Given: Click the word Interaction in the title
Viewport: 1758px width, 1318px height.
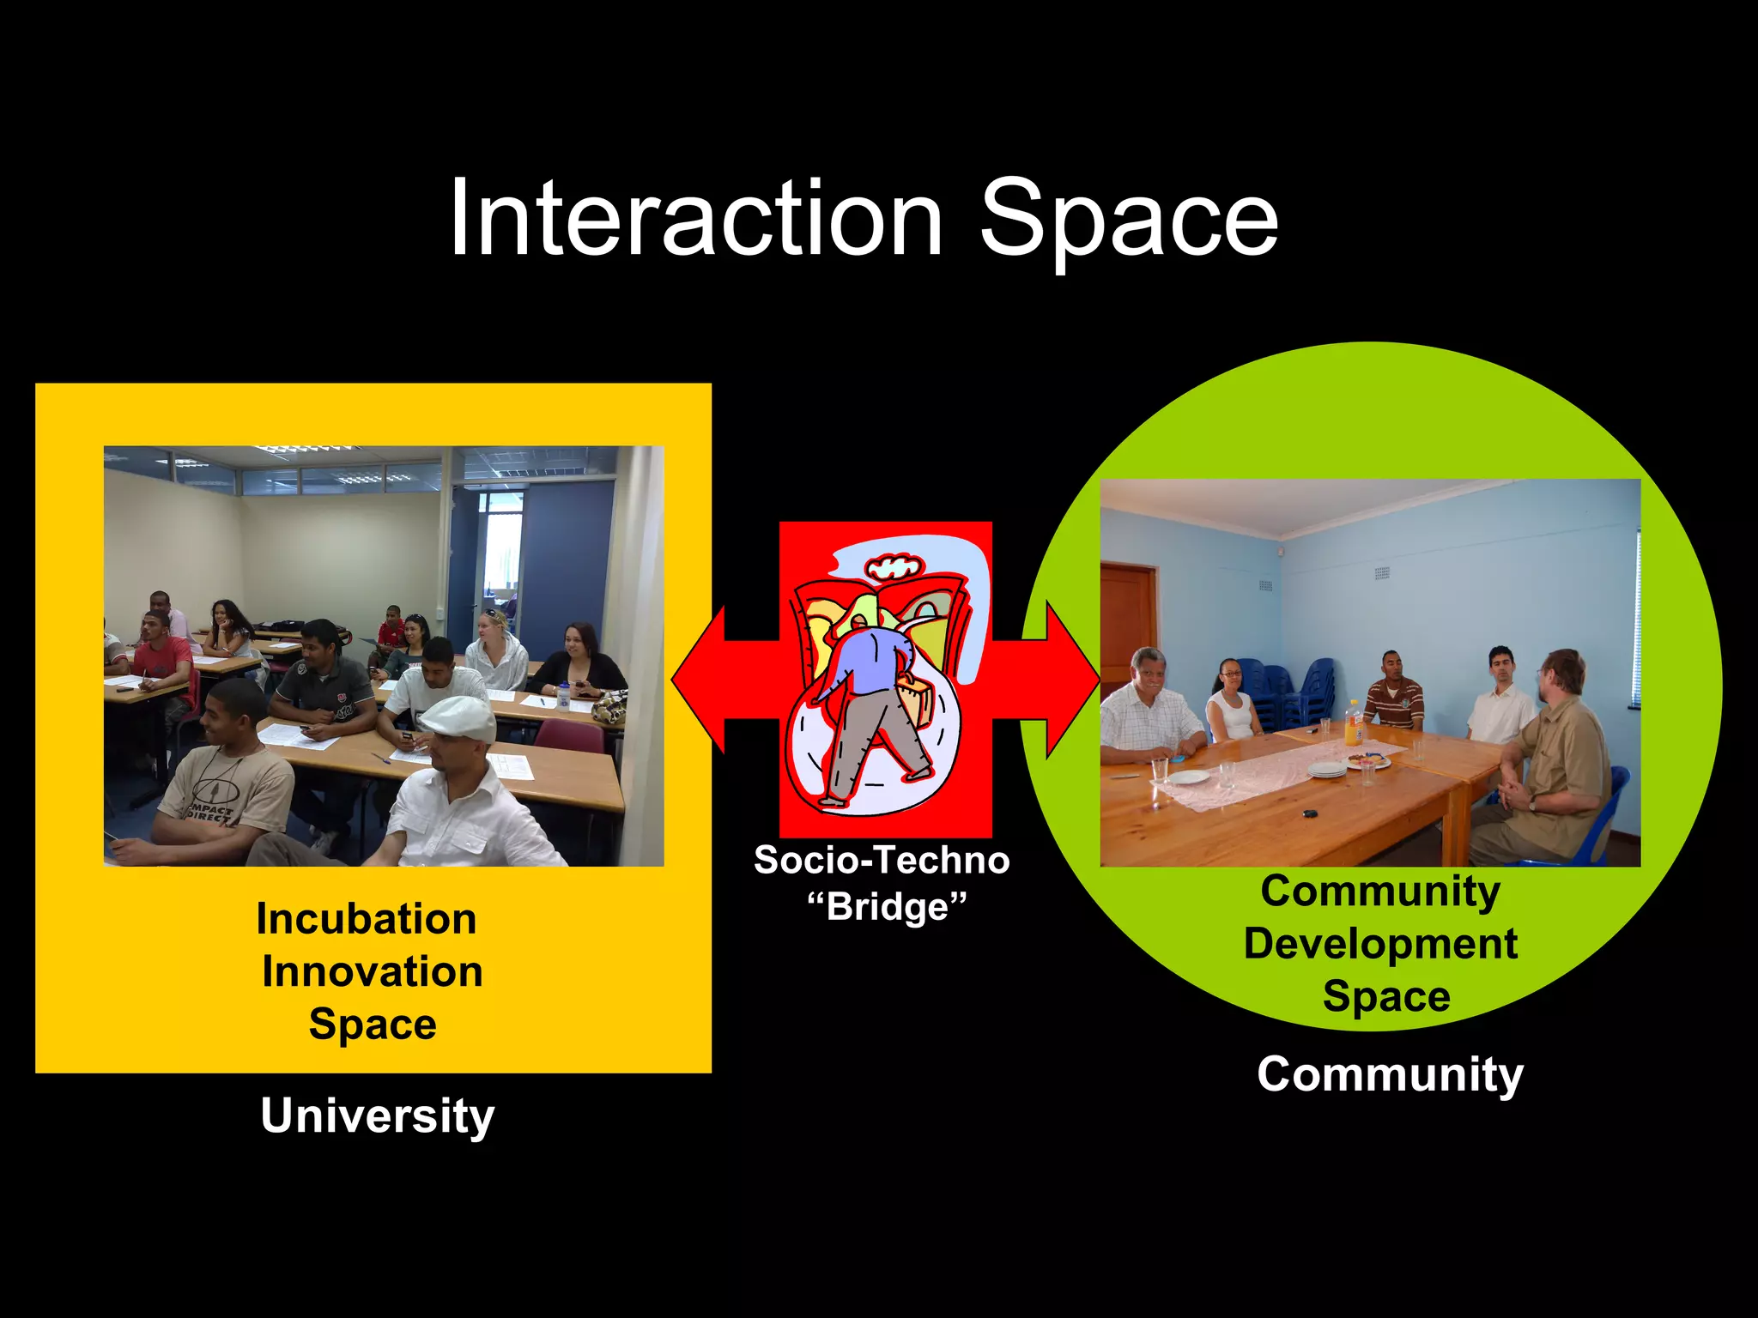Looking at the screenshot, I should pos(695,219).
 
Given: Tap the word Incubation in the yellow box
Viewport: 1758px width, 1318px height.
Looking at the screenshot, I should pos(367,919).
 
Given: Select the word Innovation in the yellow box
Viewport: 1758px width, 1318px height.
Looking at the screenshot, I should pos(373,972).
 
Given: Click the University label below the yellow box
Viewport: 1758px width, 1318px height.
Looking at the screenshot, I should pos(378,1115).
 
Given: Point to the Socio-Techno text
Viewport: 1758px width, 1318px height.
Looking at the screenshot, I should pos(882,861).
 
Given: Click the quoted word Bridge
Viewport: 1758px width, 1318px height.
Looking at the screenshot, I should pos(888,907).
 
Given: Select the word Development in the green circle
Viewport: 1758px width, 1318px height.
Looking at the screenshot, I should pos(1380,944).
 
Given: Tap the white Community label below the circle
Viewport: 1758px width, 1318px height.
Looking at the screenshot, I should pos(1390,1074).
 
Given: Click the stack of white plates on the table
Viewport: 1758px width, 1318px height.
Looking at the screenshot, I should pos(1327,770).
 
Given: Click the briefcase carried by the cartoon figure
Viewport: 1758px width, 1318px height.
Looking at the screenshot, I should pos(916,698).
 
